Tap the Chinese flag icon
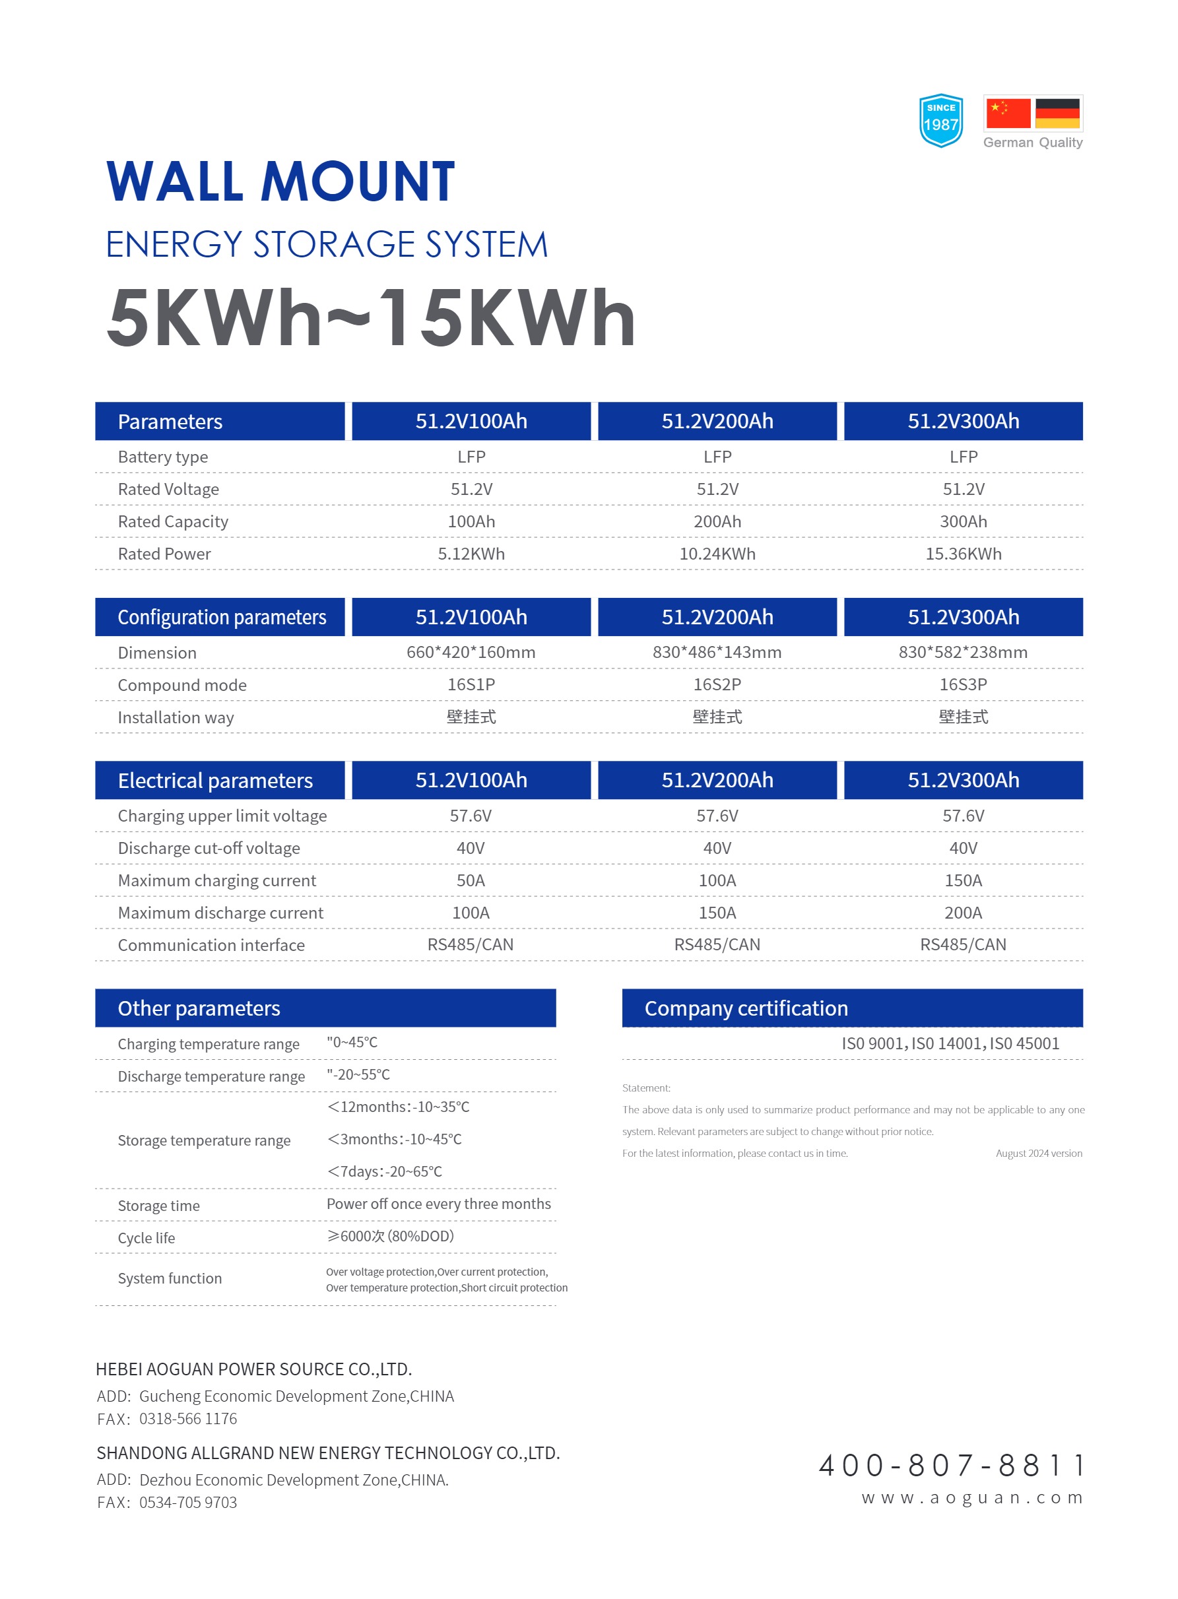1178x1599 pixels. pyautogui.click(x=1008, y=114)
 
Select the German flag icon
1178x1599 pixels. pyautogui.click(x=1057, y=114)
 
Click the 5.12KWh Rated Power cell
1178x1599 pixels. pyautogui.click(x=471, y=554)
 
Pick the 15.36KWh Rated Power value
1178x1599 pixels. pyautogui.click(x=963, y=554)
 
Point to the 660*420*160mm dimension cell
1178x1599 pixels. pyautogui.click(x=471, y=652)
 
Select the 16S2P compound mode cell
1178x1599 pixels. pyautogui.click(x=717, y=684)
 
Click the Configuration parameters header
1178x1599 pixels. pyautogui.click(x=221, y=617)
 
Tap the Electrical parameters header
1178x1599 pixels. pyautogui.click(x=214, y=781)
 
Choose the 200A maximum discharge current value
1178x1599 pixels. pyautogui.click(x=963, y=913)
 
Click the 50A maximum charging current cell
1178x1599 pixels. pyautogui.click(x=471, y=880)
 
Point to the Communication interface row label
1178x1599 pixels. pyautogui.click(x=211, y=945)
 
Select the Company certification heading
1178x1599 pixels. pyautogui.click(x=746, y=1008)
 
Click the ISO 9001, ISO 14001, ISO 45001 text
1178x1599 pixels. pyautogui.click(x=950, y=1043)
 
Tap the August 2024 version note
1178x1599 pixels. pyautogui.click(x=1038, y=1154)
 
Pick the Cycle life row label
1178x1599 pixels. pyautogui.click(x=147, y=1238)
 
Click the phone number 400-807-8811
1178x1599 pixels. pyautogui.click(x=951, y=1466)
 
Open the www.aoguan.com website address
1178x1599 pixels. pyautogui.click(x=972, y=1498)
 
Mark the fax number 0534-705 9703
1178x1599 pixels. pyautogui.click(x=187, y=1503)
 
